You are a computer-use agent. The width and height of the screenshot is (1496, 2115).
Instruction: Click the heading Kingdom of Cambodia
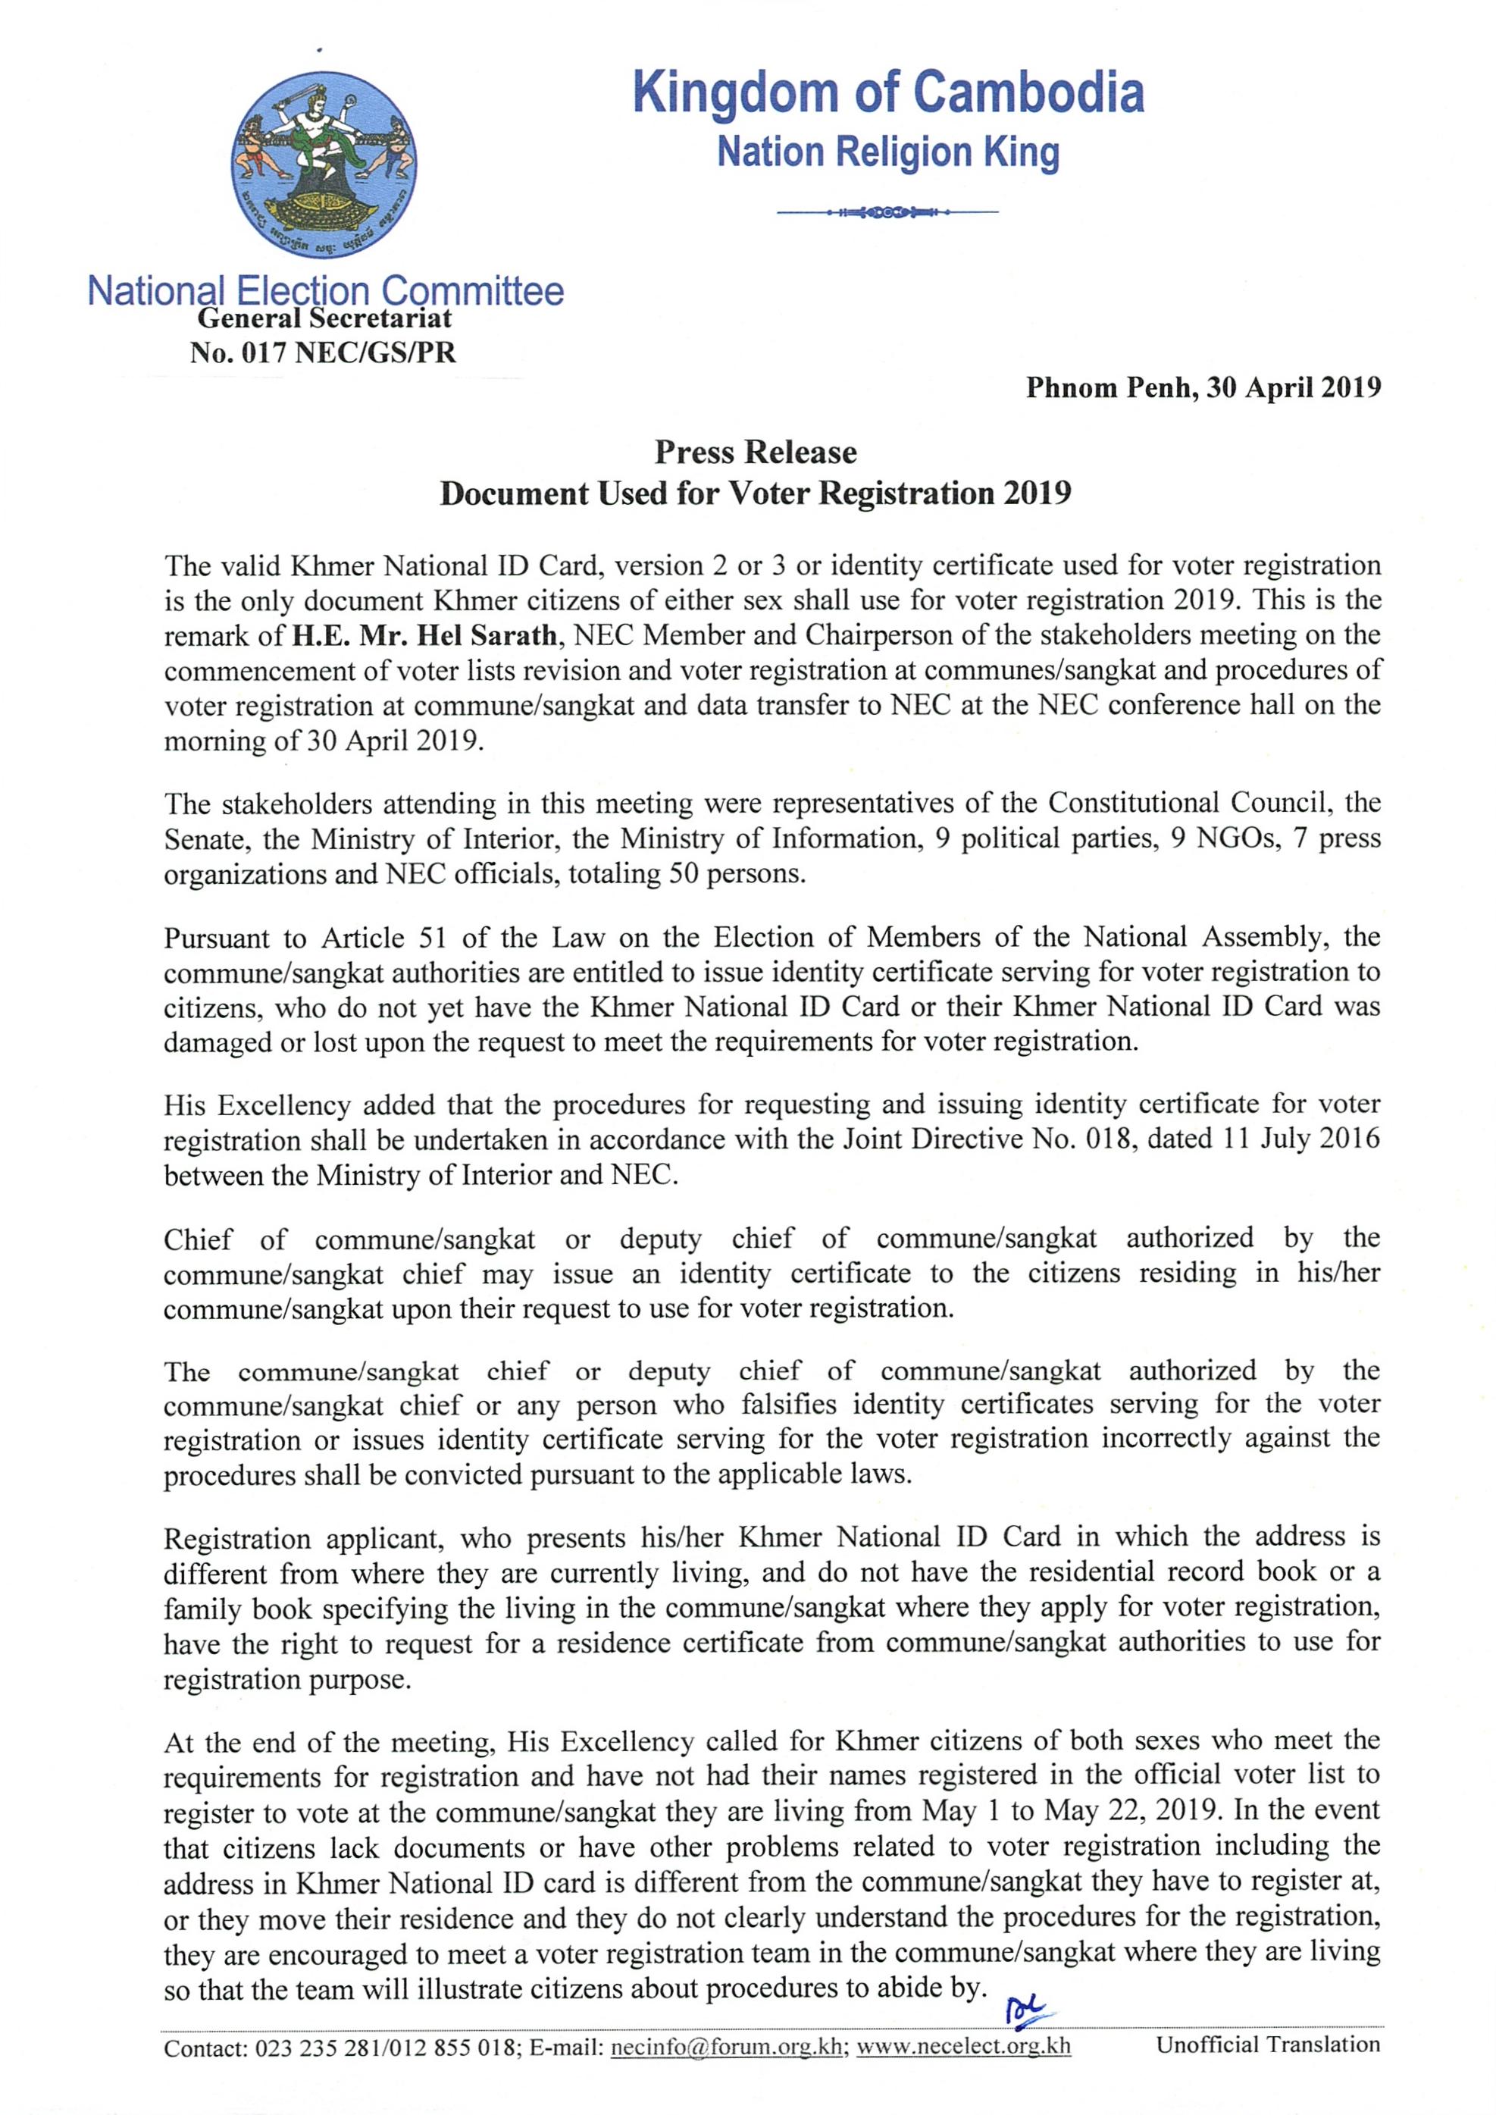pyautogui.click(x=888, y=94)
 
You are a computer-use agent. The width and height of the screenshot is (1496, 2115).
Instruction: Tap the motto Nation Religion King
pyautogui.click(x=888, y=153)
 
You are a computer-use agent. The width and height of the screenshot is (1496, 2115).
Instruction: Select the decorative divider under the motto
pyautogui.click(x=888, y=214)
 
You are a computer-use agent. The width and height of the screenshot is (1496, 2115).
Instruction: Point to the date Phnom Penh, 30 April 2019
pyautogui.click(x=1203, y=388)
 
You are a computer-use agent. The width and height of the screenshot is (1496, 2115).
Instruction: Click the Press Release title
pyautogui.click(x=756, y=453)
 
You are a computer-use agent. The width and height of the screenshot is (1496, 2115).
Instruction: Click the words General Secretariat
pyautogui.click(x=324, y=318)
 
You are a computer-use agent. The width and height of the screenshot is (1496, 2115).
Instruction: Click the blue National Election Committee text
pyautogui.click(x=325, y=291)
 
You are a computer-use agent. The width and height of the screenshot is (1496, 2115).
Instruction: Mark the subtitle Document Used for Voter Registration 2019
pyautogui.click(x=756, y=493)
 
